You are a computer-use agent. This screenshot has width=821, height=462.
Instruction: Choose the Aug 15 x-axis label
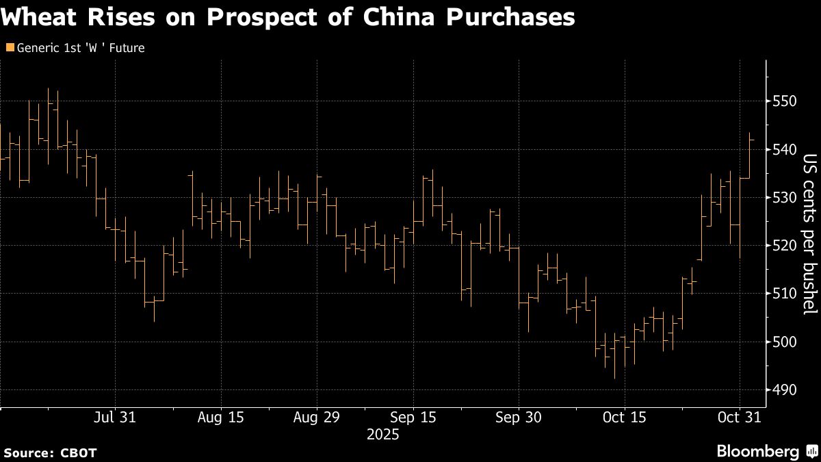click(220, 418)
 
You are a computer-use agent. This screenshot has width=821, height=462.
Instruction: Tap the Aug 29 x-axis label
click(317, 418)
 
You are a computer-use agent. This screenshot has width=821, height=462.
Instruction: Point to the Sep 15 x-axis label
click(414, 418)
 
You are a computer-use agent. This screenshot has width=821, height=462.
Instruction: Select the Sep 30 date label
click(518, 418)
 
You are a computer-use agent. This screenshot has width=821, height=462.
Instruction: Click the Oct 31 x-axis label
click(740, 418)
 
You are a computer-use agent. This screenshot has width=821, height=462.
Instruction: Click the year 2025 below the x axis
click(382, 435)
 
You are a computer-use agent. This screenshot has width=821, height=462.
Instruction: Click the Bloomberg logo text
click(757, 451)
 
